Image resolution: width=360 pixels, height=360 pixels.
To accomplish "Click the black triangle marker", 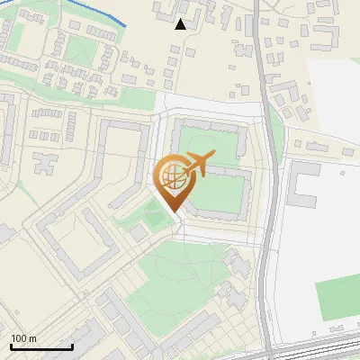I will (x=181, y=24).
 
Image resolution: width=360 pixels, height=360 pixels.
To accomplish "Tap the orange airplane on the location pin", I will (x=196, y=165).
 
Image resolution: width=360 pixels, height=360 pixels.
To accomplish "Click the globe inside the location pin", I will (x=171, y=177).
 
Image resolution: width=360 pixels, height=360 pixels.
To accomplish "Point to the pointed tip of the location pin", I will (x=171, y=211).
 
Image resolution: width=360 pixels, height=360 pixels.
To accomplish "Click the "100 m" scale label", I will (x=23, y=338).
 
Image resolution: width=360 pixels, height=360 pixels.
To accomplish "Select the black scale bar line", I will (x=41, y=346).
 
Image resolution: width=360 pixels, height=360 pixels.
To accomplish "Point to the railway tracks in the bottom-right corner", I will (x=324, y=351).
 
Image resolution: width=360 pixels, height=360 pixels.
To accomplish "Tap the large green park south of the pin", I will (x=180, y=270).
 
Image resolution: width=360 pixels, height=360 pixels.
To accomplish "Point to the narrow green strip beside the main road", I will (x=275, y=135).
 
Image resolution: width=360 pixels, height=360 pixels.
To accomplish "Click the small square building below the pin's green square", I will (x=138, y=232).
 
